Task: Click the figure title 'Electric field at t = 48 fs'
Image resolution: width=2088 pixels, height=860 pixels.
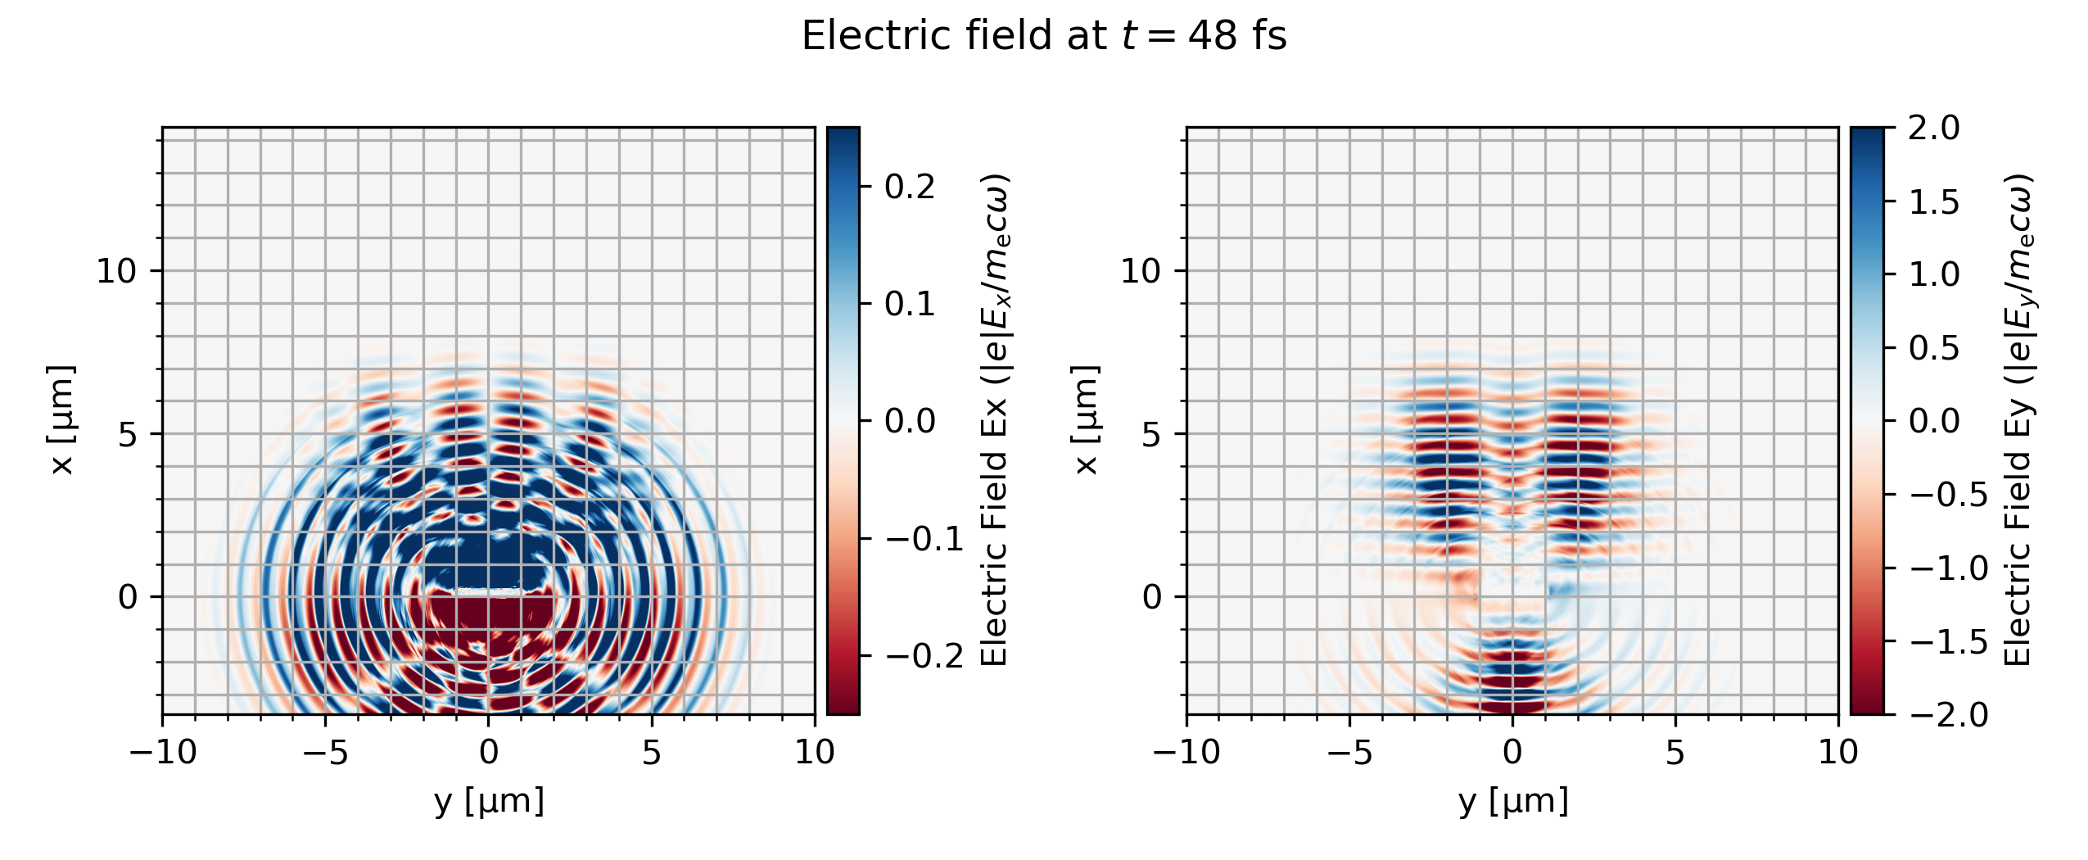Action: point(1044,36)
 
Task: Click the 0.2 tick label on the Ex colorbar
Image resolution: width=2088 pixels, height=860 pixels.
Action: point(910,187)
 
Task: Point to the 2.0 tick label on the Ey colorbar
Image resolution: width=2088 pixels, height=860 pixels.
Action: point(1934,128)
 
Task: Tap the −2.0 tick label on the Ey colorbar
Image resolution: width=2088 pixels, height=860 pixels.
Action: point(1949,714)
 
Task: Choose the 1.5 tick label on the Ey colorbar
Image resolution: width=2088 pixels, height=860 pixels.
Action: point(1934,201)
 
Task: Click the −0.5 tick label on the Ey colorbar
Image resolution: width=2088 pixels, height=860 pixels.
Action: point(1949,495)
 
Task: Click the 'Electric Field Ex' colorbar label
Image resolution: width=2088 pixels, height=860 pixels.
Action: point(994,419)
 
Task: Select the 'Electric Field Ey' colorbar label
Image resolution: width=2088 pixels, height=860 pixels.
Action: point(2018,419)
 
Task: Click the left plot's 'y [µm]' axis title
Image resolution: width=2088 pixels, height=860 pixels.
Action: point(489,801)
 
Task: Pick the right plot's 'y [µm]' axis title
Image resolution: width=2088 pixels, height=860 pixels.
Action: point(1513,801)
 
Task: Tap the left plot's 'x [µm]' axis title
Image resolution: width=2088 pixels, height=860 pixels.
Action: point(62,419)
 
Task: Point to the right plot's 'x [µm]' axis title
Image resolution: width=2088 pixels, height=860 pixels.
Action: point(1086,419)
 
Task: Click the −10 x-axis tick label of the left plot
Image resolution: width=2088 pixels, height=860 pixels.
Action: point(163,752)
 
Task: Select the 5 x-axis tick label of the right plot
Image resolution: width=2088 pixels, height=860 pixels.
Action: point(1675,752)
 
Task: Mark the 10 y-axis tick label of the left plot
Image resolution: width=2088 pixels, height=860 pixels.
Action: point(116,271)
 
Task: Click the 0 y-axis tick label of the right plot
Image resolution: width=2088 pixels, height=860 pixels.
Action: point(1151,597)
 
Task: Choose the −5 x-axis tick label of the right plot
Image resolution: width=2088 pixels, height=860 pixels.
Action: point(1349,752)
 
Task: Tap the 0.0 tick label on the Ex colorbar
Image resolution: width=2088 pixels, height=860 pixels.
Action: point(910,421)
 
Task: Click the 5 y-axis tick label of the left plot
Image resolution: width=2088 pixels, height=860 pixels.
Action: point(127,434)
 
